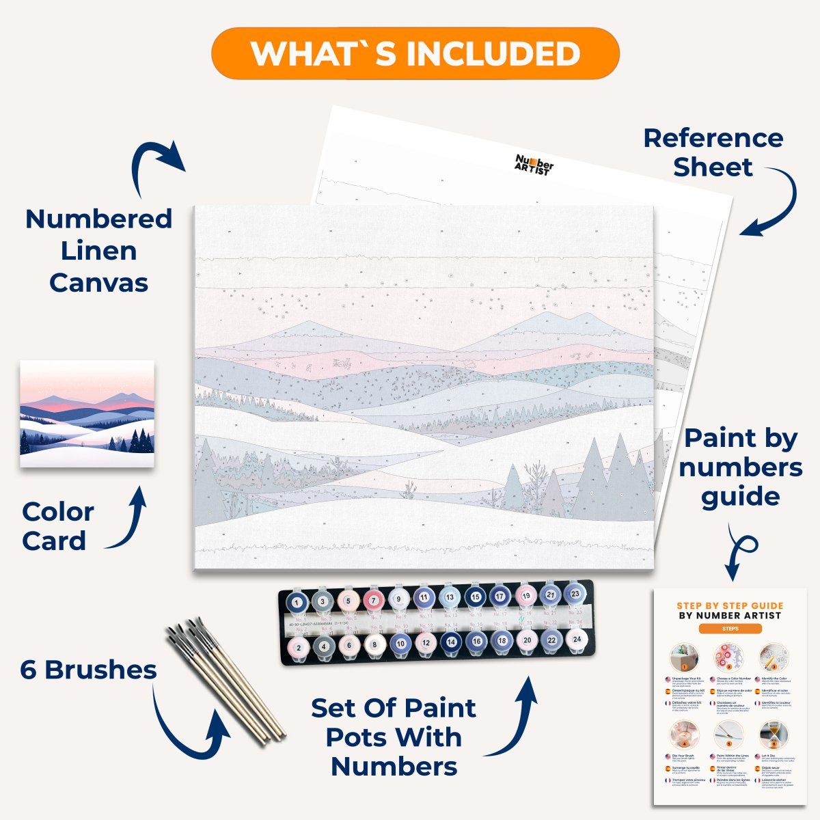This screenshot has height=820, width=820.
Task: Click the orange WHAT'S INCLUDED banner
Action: click(x=415, y=53)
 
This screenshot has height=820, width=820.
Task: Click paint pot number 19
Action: click(x=525, y=596)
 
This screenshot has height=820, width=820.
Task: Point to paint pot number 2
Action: click(x=298, y=646)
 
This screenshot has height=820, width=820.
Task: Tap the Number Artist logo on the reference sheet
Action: click(x=534, y=165)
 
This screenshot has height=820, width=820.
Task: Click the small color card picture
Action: click(x=87, y=413)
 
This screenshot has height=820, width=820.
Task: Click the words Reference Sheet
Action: click(x=713, y=152)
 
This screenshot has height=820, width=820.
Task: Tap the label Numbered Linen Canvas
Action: click(x=98, y=250)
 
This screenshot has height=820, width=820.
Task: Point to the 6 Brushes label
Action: click(x=88, y=670)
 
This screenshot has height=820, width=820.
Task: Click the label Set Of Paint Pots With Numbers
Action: click(x=394, y=737)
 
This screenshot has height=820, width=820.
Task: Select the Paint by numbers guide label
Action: click(x=741, y=467)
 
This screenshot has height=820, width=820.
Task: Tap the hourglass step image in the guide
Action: click(x=773, y=735)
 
